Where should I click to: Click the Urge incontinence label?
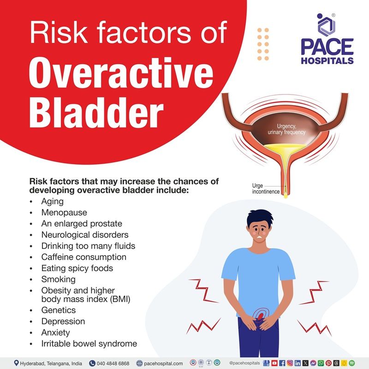265,189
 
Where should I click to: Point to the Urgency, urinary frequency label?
286,129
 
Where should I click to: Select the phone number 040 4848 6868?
113,363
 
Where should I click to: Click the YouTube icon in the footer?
275,363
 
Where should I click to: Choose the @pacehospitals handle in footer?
245,363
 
